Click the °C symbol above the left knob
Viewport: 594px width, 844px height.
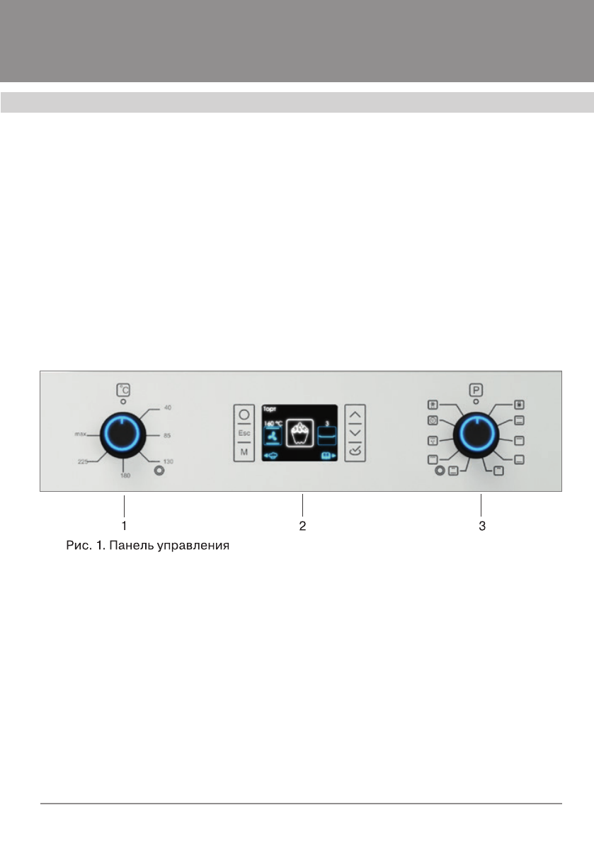pyautogui.click(x=124, y=389)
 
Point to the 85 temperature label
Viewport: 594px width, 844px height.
pyautogui.click(x=167, y=434)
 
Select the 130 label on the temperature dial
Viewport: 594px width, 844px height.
pyautogui.click(x=168, y=461)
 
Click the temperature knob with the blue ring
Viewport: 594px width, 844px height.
pyautogui.click(x=123, y=434)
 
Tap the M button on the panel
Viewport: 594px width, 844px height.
pyautogui.click(x=244, y=452)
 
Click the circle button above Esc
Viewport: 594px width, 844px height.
pyautogui.click(x=244, y=415)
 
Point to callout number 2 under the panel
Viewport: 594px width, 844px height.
pyautogui.click(x=302, y=527)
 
